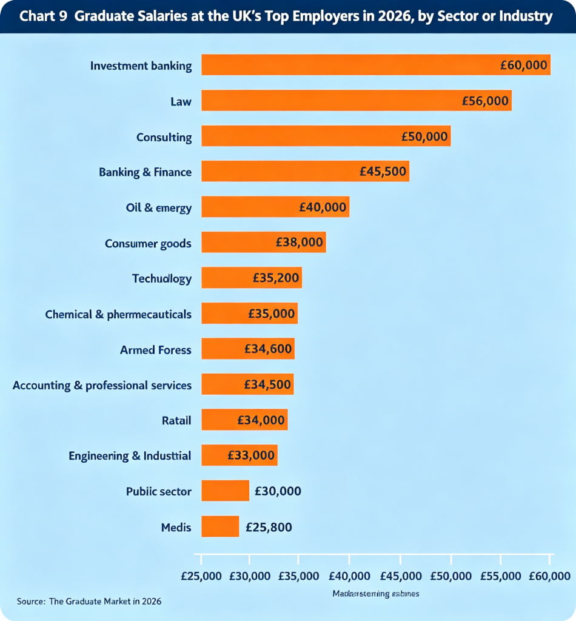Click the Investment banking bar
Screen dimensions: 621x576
coord(376,65)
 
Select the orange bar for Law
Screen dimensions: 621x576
coord(357,101)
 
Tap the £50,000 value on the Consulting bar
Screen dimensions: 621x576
coord(424,136)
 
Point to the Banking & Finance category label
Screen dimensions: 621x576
coord(145,172)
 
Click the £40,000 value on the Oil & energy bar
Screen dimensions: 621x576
coord(323,207)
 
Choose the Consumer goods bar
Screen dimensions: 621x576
coord(263,243)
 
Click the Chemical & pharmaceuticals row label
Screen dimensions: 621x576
coord(118,314)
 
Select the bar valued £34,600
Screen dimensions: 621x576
coord(247,349)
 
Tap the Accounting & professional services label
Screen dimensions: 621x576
coord(102,385)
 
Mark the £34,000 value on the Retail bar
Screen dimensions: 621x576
coord(261,420)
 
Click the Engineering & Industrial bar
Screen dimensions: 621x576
coord(239,455)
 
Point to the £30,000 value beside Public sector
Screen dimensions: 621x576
coord(278,491)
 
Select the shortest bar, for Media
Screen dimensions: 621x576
coord(220,526)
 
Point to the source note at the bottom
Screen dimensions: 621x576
coord(89,602)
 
